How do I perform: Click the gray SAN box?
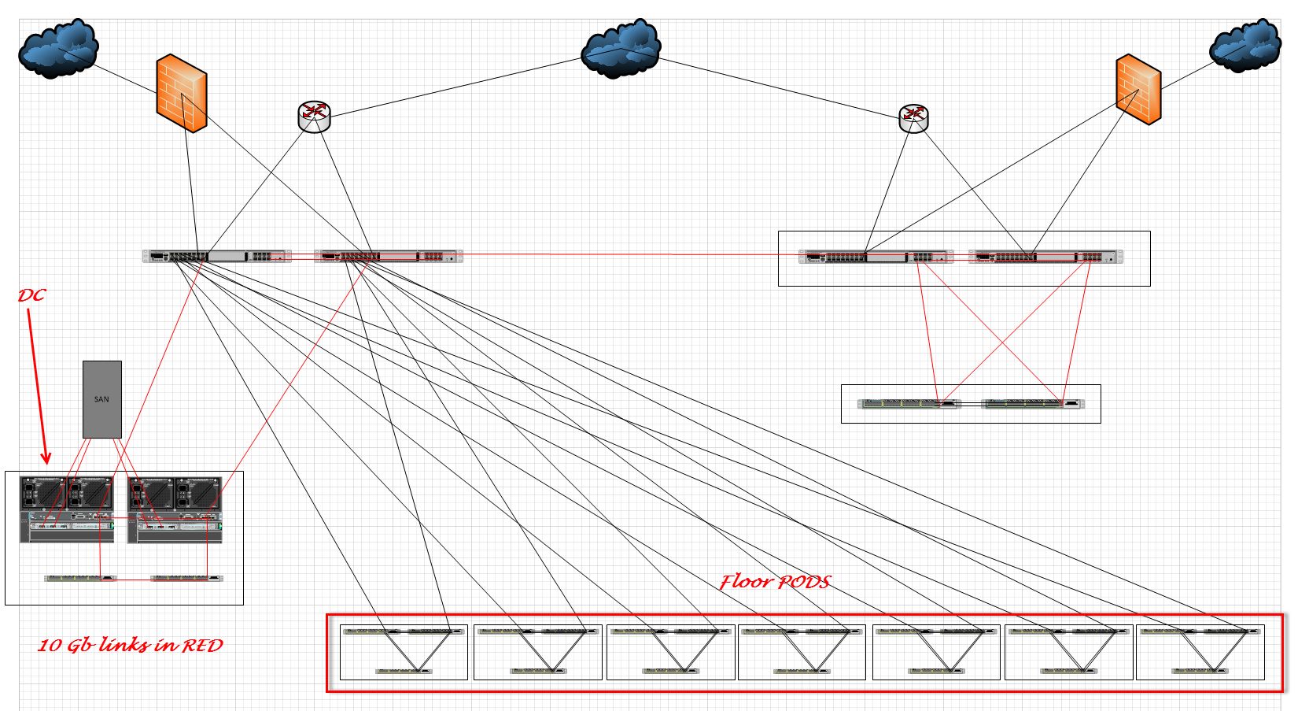102,399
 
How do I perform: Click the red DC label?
31,296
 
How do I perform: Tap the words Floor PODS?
775,582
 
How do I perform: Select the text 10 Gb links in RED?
131,645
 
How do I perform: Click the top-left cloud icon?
58,48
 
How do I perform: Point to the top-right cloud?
1245,45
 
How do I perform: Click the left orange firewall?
182,93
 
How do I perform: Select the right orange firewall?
1138,89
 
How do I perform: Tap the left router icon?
314,117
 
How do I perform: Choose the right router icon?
914,118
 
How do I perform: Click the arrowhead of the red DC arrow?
46,458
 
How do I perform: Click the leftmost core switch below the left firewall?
216,257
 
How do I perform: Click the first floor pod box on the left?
404,652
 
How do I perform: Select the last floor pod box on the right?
1200,652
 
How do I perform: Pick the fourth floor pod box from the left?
802,652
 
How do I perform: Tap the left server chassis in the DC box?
67,509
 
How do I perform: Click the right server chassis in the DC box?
175,509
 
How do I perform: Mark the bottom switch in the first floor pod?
404,672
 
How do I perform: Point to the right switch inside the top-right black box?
1046,257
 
